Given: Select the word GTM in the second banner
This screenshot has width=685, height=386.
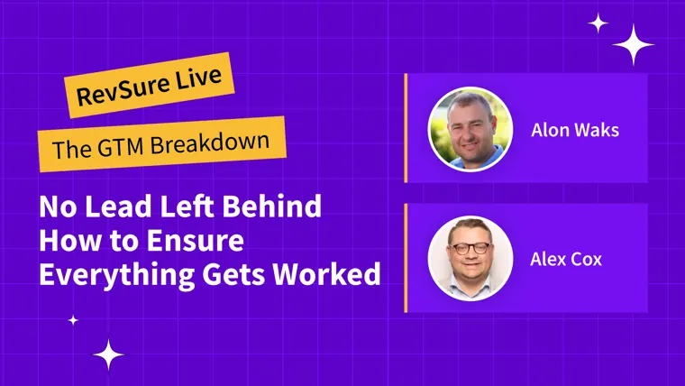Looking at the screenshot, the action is (121, 146).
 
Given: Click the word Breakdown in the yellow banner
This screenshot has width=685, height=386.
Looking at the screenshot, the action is (210, 142).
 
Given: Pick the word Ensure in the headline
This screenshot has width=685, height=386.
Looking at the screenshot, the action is (195, 241).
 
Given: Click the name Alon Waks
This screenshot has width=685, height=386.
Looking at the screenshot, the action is (575, 130).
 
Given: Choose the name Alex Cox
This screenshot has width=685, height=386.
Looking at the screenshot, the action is (566, 259).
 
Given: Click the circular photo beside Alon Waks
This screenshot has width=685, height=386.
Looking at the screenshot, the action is (470, 129).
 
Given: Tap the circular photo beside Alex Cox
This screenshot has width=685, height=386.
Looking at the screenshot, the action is (470, 258).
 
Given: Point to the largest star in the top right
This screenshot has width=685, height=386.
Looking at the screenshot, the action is (633, 44).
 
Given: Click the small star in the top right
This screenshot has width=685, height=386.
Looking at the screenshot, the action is (598, 23).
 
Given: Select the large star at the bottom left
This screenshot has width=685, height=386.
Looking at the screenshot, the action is (108, 354).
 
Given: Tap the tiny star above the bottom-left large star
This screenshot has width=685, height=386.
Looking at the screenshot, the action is (73, 320).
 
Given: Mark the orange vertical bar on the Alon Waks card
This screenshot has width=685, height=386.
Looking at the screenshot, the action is (406, 128).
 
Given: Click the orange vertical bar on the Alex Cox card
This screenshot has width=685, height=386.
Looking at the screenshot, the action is (406, 258).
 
